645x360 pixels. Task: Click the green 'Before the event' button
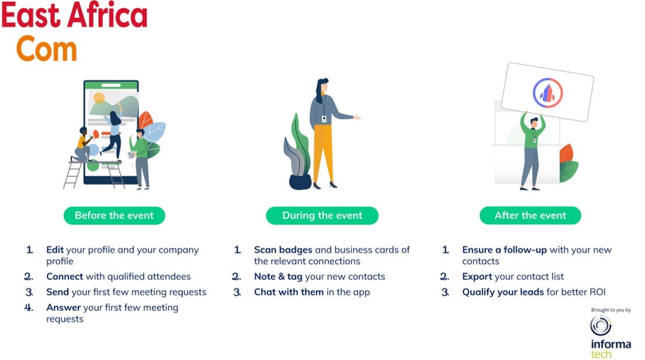[x=115, y=216]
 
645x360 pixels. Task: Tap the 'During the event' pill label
[x=322, y=216]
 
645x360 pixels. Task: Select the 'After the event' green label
[x=530, y=216]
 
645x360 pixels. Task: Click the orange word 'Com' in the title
[x=47, y=49]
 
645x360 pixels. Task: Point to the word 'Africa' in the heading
[x=107, y=15]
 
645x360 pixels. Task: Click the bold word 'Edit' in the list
[x=55, y=250]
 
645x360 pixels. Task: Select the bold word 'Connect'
[x=65, y=276]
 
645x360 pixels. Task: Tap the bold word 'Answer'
[x=63, y=307]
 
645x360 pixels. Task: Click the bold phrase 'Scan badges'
[x=283, y=250]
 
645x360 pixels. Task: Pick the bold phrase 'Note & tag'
[x=278, y=276]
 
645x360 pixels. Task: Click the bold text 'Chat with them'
[x=289, y=292]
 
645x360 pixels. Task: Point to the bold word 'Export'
[x=477, y=276]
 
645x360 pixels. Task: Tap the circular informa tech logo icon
[x=601, y=326]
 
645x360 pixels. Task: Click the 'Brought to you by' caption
[x=611, y=310]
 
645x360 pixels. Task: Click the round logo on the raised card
[x=547, y=93]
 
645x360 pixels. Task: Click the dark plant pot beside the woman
[x=300, y=182]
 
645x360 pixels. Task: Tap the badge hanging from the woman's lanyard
[x=324, y=119]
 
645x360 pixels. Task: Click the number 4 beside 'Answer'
[x=29, y=307]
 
